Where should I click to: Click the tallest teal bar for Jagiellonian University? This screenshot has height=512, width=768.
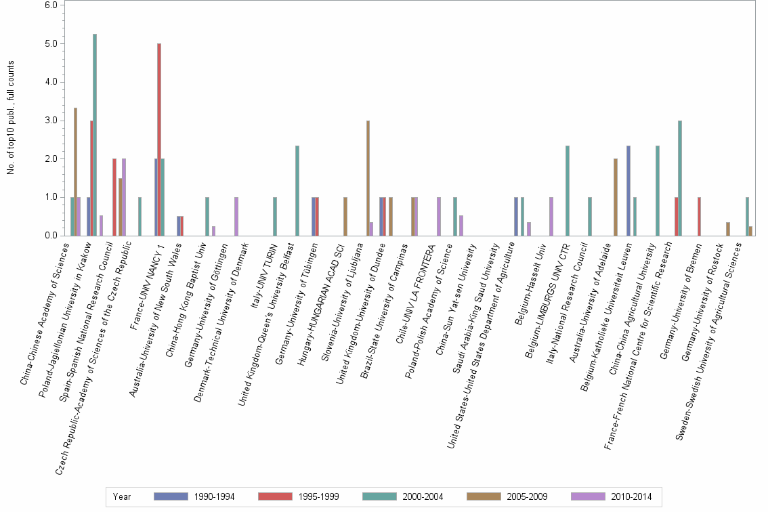[x=95, y=135]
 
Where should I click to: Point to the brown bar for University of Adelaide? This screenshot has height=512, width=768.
[x=615, y=197]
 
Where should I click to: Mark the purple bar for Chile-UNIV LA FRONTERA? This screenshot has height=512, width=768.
[x=439, y=217]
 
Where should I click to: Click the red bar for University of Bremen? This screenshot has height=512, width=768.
[x=699, y=217]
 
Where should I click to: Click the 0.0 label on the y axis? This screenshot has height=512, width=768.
[x=51, y=236]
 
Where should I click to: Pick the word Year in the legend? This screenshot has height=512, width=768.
[x=123, y=496]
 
